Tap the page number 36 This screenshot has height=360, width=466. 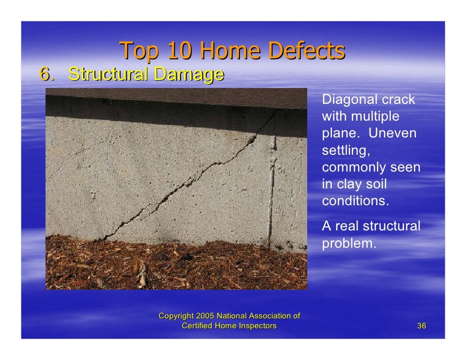tap(421, 325)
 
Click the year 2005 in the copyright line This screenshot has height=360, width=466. tap(204, 316)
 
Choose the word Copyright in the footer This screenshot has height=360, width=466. tap(176, 316)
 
